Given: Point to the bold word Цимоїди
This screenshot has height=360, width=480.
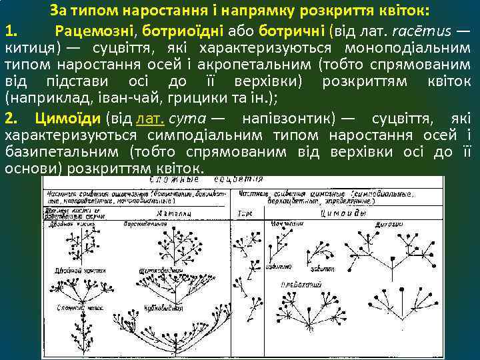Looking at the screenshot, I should pos(60,119).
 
